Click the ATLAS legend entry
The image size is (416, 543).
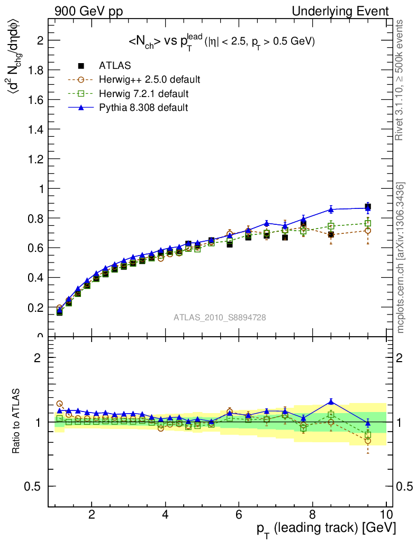point(115,66)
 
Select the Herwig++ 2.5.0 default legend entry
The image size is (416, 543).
point(149,80)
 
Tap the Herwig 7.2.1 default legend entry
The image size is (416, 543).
point(144,94)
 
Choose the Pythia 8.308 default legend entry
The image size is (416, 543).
point(143,108)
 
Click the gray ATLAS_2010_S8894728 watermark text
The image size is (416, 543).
point(220,318)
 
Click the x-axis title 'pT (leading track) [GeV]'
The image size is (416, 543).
point(327,529)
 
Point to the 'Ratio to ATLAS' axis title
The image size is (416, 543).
point(17,422)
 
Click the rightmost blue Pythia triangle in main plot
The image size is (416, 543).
point(368,208)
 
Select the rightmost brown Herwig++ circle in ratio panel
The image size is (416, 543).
point(368,441)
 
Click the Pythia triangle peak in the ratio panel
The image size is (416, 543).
point(331,401)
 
